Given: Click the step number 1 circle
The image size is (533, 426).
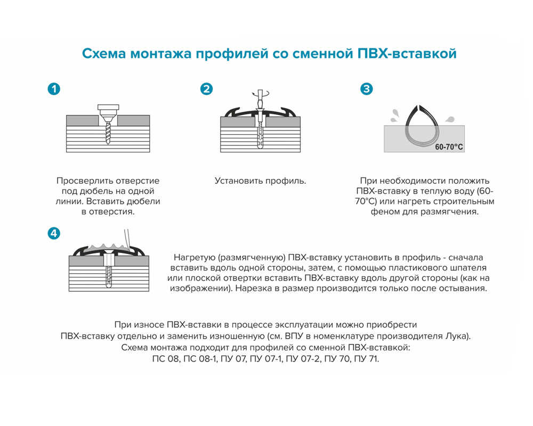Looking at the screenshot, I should [54, 89].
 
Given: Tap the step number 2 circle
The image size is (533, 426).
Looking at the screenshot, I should [207, 89].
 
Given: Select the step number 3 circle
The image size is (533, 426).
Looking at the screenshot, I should [367, 89].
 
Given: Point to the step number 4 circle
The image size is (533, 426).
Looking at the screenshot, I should [54, 233].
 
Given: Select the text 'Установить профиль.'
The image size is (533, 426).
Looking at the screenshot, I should [260, 181].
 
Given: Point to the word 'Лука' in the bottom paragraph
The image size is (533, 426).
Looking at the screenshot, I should [459, 337].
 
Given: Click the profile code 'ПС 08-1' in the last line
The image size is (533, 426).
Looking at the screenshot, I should [198, 359].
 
